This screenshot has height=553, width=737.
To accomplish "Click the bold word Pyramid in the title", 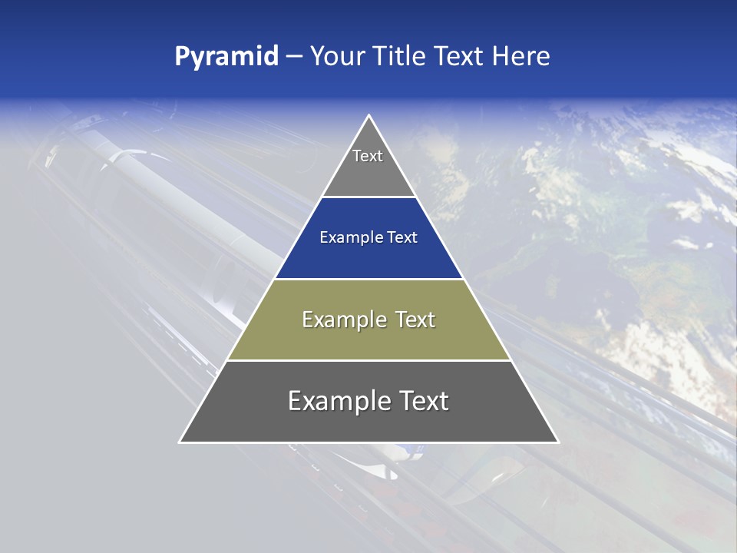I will click(x=226, y=57).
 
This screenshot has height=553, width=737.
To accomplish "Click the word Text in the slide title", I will click(x=459, y=57).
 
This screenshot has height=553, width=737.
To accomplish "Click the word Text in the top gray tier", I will click(x=368, y=156).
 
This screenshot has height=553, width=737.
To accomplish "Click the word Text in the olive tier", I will click(x=415, y=320).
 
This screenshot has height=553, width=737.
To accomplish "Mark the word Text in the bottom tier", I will click(x=422, y=401).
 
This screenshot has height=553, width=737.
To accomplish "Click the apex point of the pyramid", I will click(x=369, y=116).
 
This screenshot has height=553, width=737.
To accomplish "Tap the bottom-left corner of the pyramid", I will click(x=180, y=442).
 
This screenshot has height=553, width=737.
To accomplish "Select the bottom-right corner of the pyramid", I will click(x=557, y=442).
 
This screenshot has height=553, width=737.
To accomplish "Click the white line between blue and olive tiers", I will click(x=368, y=279).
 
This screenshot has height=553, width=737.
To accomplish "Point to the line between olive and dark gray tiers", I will click(x=368, y=360).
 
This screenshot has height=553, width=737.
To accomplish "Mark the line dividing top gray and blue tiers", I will click(x=368, y=197).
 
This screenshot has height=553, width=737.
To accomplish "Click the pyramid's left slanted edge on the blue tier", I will click(x=299, y=238).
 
